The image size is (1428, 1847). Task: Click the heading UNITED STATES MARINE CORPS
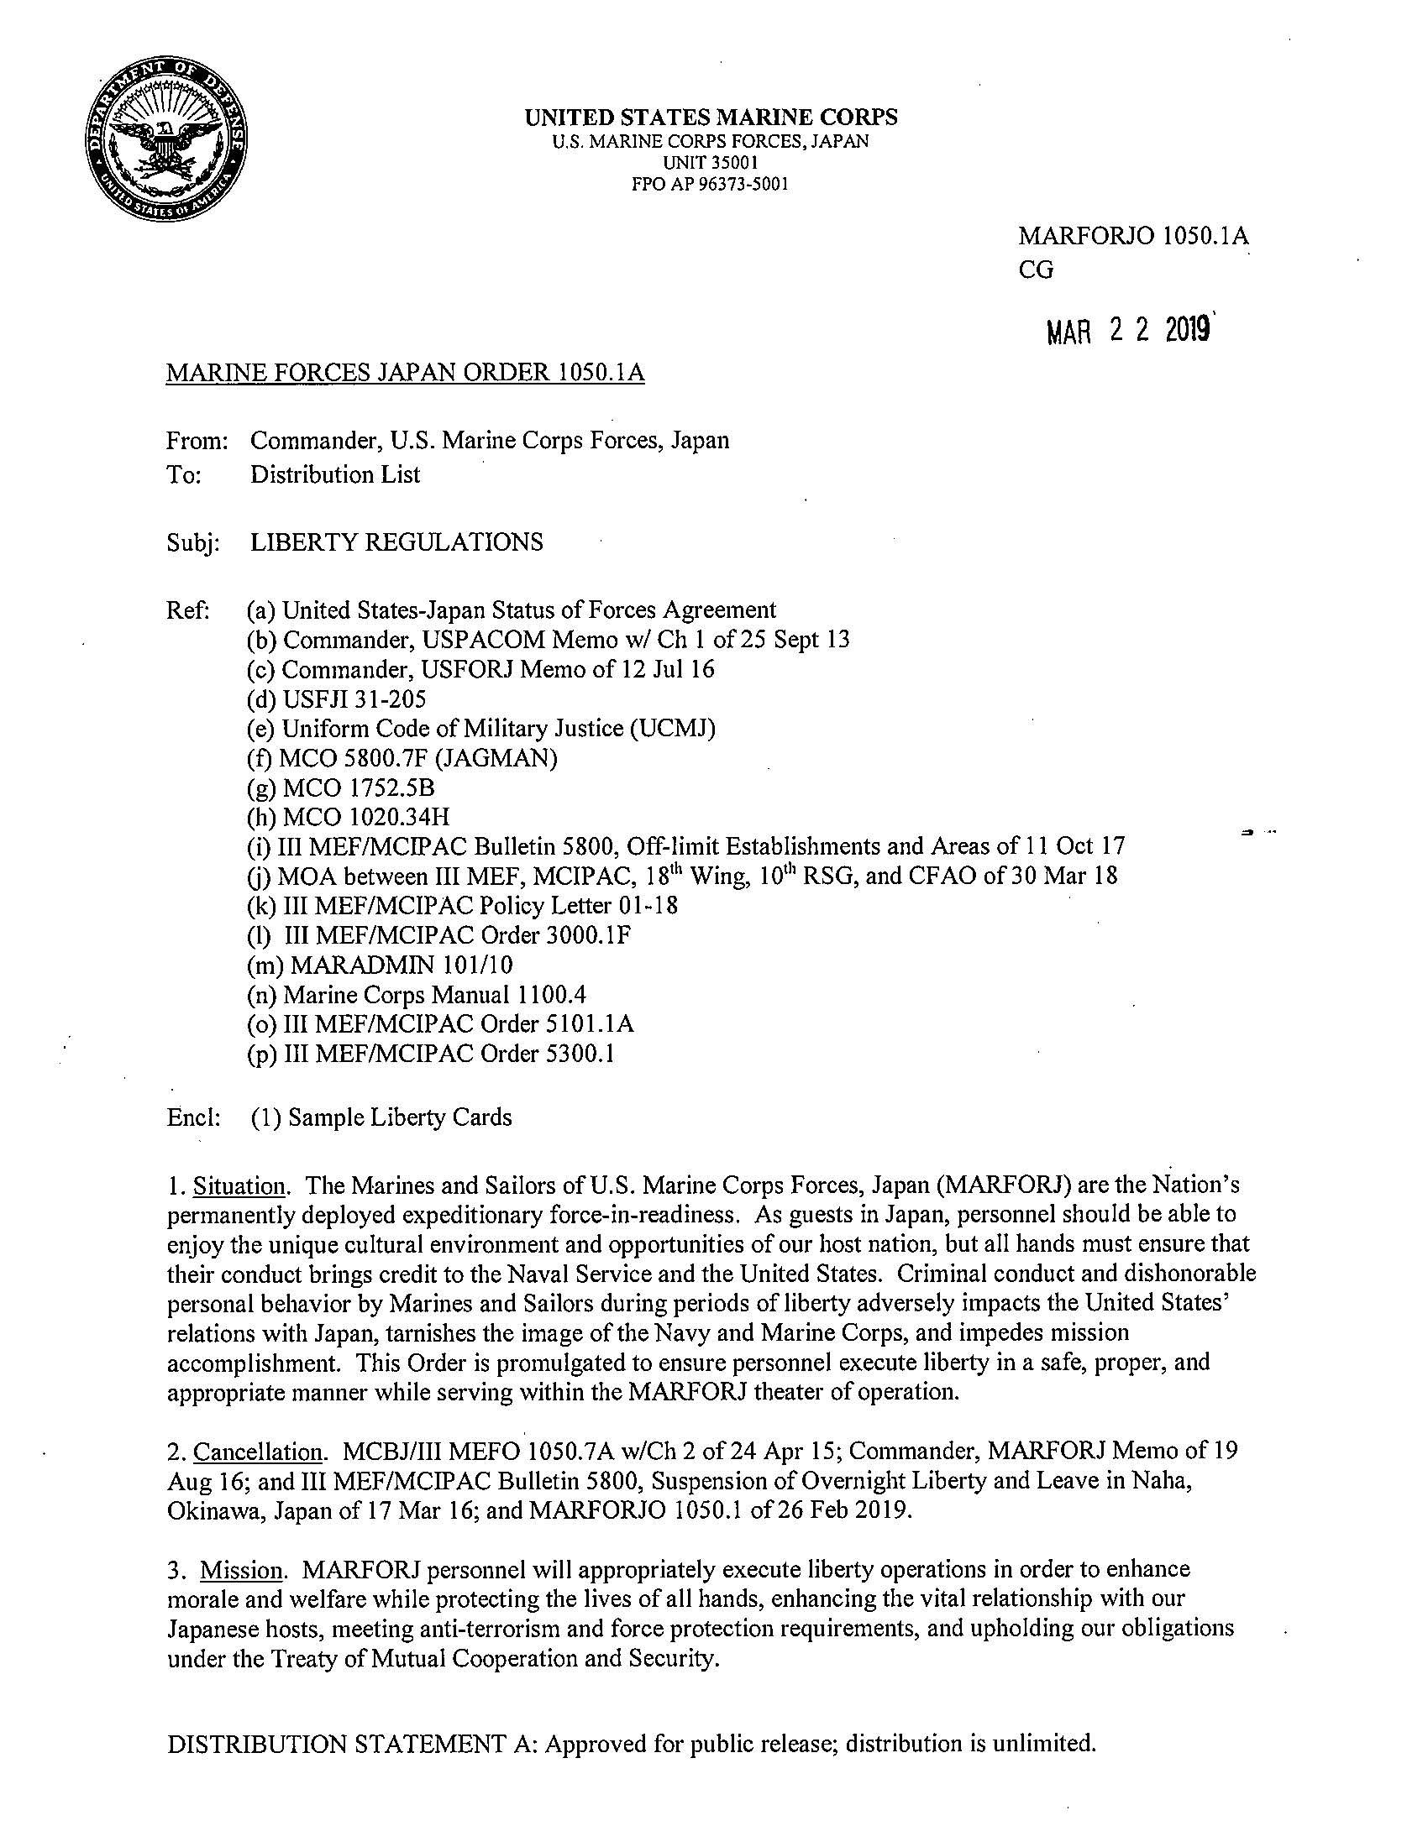[x=711, y=118]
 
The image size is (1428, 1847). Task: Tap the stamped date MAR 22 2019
[x=1129, y=332]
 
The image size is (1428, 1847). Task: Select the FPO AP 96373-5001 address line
[x=711, y=184]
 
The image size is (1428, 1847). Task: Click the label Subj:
[x=194, y=542]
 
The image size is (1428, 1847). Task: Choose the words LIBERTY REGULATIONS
[x=396, y=542]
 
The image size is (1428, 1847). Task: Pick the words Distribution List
[x=335, y=474]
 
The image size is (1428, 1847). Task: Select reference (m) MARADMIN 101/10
[x=380, y=965]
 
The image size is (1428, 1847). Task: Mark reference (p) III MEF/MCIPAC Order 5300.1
[x=430, y=1054]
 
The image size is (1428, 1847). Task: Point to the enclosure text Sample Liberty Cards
[x=399, y=1117]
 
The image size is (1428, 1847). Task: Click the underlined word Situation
[x=239, y=1185]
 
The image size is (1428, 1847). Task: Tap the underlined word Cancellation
[x=258, y=1452]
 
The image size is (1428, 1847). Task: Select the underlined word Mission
[x=241, y=1571]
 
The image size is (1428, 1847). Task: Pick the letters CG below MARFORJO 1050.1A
[x=1037, y=270]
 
